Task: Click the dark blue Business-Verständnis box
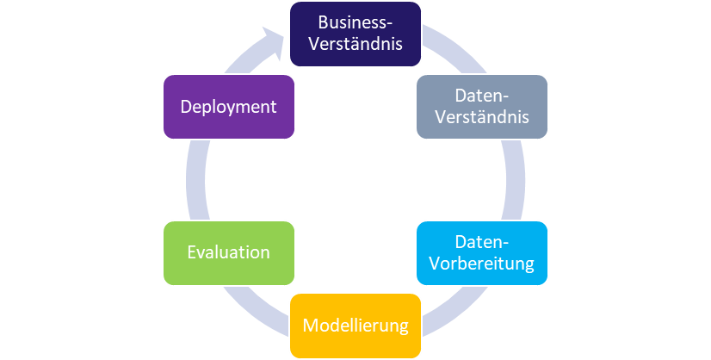pyautogui.click(x=355, y=34)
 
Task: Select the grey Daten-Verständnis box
pyautogui.click(x=481, y=106)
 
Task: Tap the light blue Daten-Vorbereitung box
pyautogui.click(x=481, y=252)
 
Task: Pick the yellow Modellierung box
pyautogui.click(x=355, y=326)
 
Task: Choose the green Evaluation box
pyautogui.click(x=228, y=252)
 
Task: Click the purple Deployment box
pyautogui.click(x=228, y=106)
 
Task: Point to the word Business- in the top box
pyautogui.click(x=355, y=22)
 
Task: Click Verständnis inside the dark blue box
pyautogui.click(x=355, y=43)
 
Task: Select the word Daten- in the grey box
pyautogui.click(x=482, y=95)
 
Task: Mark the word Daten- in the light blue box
pyautogui.click(x=482, y=241)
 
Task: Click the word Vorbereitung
pyautogui.click(x=482, y=263)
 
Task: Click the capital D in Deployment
pyautogui.click(x=185, y=107)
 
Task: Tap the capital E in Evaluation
pyautogui.click(x=191, y=253)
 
